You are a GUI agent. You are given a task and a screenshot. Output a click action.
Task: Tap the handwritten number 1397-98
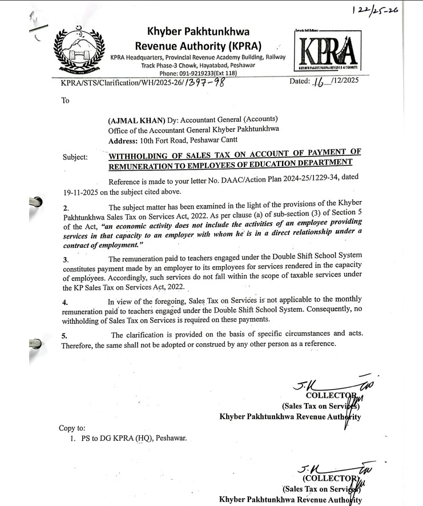202,83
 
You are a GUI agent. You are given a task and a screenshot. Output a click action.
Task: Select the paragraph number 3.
65,259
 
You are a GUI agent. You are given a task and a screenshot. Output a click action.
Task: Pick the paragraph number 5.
65,335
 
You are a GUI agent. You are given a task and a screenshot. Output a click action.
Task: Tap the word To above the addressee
65,101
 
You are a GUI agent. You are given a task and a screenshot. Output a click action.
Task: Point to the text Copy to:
72,428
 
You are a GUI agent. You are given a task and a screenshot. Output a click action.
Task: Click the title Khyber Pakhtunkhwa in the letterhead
198,31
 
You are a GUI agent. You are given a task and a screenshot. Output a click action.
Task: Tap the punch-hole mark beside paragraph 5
35,344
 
